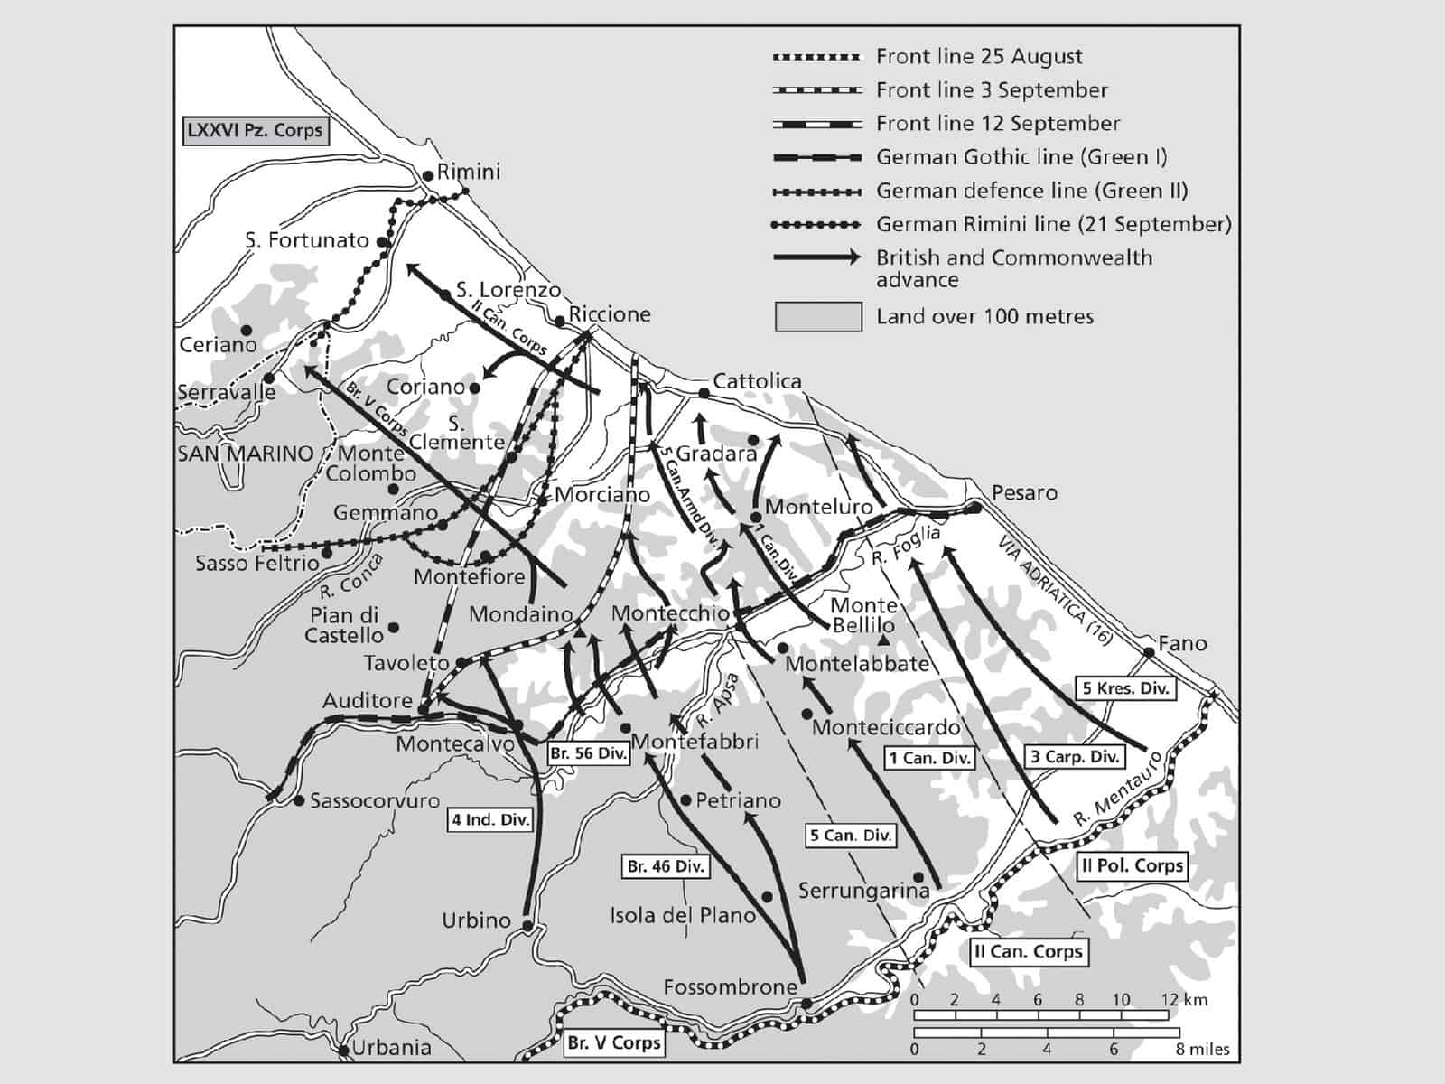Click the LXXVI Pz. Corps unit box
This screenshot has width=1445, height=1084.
point(254,130)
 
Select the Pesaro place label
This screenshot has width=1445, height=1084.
point(1024,493)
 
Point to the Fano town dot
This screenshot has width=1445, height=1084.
point(1149,651)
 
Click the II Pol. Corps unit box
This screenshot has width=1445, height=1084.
point(1133,865)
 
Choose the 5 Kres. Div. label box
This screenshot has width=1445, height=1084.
point(1125,688)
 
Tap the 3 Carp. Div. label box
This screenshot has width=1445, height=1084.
point(1075,757)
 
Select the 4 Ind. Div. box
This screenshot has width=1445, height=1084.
point(490,820)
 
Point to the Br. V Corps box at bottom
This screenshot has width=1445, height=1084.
point(614,1043)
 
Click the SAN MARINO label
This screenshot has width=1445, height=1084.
point(246,453)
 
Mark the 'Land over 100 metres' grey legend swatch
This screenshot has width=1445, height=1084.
point(817,317)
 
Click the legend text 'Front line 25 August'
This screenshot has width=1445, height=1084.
point(979,57)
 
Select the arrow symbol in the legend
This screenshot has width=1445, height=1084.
point(817,258)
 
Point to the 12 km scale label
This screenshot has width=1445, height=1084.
point(1182,1000)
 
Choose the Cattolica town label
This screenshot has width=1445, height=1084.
point(757,381)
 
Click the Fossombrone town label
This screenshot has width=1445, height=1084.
point(730,987)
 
